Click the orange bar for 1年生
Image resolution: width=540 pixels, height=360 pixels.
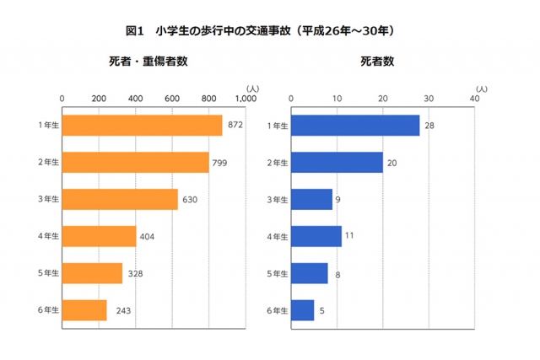[142, 126]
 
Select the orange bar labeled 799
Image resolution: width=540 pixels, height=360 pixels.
[135, 163]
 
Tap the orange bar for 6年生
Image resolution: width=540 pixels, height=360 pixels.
[84, 310]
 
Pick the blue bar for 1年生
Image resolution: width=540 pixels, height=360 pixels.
[354, 126]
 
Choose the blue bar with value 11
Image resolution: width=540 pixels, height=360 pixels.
[316, 236]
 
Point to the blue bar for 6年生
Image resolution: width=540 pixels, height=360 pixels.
[302, 310]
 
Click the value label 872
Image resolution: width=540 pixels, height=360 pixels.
[235, 126]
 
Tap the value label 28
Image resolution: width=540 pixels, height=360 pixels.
[430, 126]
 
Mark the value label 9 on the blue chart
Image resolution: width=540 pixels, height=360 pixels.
[338, 200]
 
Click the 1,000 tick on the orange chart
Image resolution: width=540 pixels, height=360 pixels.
[244, 99]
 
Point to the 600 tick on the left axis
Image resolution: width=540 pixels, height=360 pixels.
[171, 99]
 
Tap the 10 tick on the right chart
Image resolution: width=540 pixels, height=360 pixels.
[337, 99]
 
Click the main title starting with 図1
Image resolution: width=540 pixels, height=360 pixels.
[260, 30]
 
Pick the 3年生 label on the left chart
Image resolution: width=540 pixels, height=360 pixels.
[48, 200]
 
